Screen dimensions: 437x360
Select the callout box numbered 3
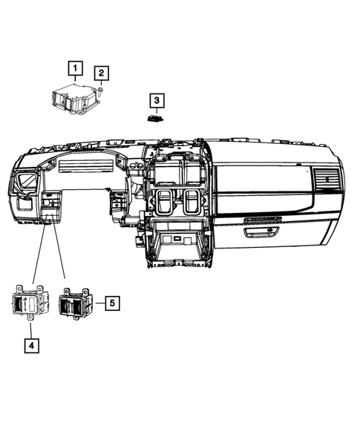coord(157,99)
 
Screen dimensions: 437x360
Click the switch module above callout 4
coord(29,303)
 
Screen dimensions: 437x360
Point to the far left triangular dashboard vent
coord(26,183)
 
